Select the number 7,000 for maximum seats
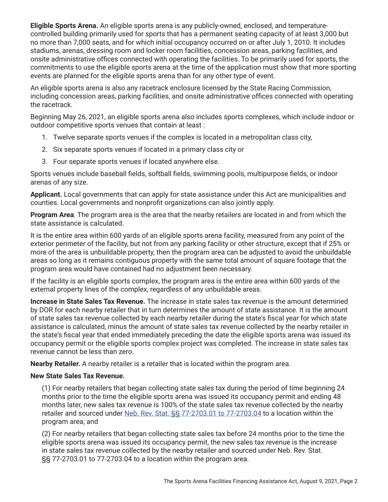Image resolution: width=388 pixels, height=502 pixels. (x=72, y=43)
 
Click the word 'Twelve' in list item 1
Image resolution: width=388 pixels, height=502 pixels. (x=64, y=137)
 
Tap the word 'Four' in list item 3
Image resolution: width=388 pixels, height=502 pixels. (x=61, y=161)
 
